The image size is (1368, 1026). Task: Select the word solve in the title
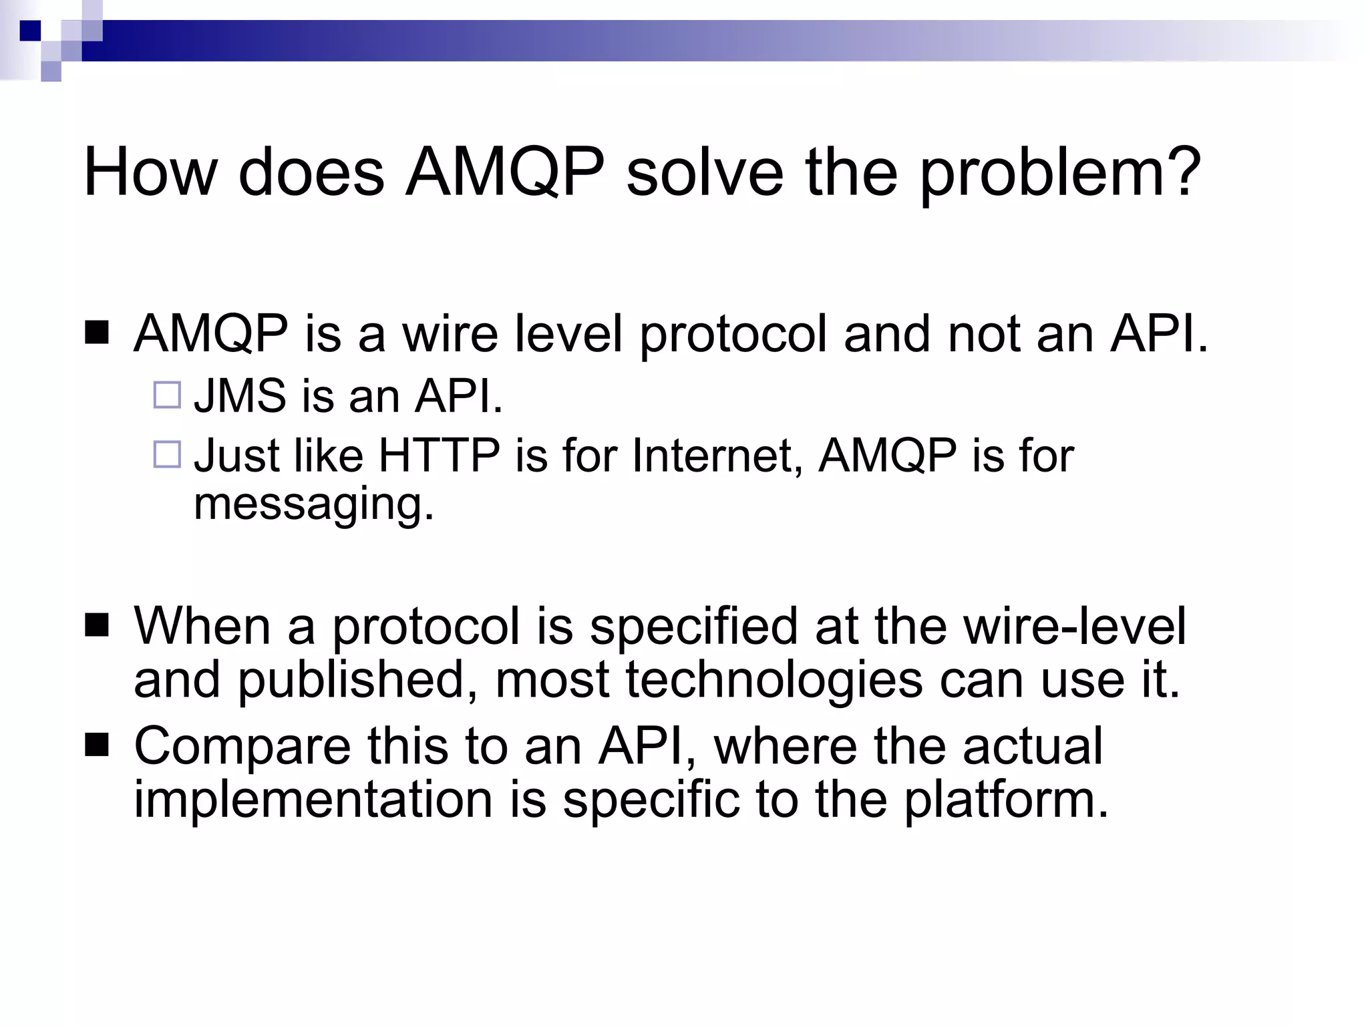[x=705, y=172]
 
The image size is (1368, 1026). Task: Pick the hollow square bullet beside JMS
[x=167, y=395]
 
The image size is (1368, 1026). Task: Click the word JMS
[x=240, y=395]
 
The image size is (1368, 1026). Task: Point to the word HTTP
[x=439, y=456]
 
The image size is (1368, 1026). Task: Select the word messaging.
[x=313, y=504]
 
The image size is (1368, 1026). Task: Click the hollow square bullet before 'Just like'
[x=167, y=454]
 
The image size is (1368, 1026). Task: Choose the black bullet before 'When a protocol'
[x=97, y=626]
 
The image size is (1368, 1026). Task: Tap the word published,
[x=358, y=681]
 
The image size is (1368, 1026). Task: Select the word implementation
[x=313, y=800]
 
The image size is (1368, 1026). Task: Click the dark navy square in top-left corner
[x=30, y=31]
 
